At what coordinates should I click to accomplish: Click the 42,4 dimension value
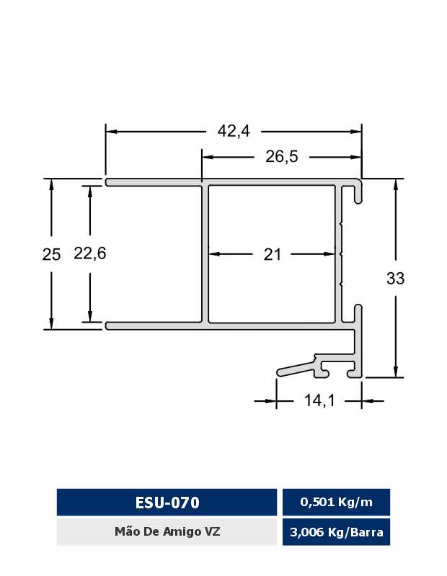(x=234, y=131)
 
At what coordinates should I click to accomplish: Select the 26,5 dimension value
(x=282, y=157)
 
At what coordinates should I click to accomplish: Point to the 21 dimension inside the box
(x=273, y=254)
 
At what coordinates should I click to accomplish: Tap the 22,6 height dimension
(x=90, y=253)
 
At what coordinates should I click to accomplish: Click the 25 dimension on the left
(x=51, y=255)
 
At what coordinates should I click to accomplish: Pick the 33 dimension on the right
(x=396, y=279)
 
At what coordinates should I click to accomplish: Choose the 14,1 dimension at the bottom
(x=319, y=400)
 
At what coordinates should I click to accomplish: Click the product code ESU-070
(x=167, y=503)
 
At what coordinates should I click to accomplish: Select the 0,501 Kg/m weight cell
(x=336, y=502)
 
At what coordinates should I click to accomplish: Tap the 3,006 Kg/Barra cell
(x=336, y=532)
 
